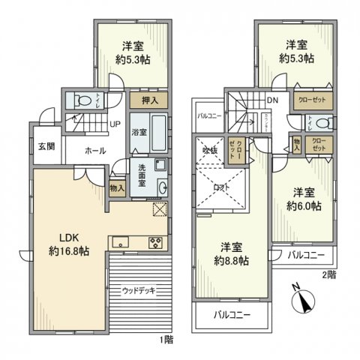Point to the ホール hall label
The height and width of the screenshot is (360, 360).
click(95, 151)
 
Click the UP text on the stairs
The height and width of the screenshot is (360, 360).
click(115, 124)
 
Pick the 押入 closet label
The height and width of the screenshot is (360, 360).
click(148, 99)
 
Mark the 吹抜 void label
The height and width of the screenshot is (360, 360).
click(208, 149)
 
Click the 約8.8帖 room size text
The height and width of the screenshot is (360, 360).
click(230, 260)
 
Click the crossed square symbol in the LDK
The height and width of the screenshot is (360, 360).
click(159, 210)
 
